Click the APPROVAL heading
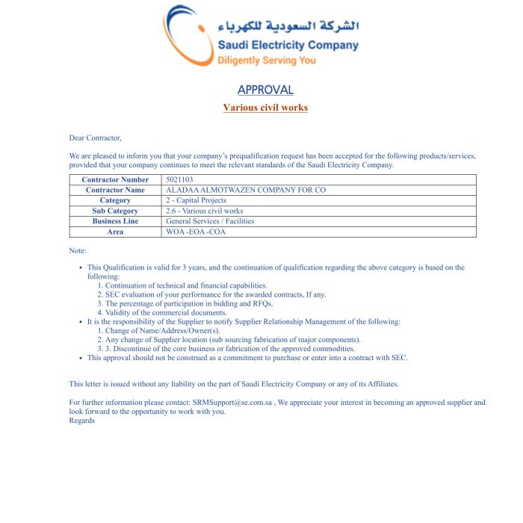click(x=265, y=90)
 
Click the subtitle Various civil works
click(x=265, y=108)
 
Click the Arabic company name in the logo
click(x=288, y=26)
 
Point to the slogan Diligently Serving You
click(x=267, y=61)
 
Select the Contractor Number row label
click(x=115, y=179)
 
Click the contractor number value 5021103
click(x=179, y=179)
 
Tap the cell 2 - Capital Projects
click(x=196, y=200)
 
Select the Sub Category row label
click(x=115, y=211)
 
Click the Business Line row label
click(x=115, y=221)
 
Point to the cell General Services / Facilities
click(x=210, y=221)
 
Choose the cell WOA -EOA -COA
click(x=196, y=232)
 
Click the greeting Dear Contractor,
click(x=95, y=137)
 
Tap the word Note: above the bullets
click(x=78, y=250)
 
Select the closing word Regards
click(x=82, y=421)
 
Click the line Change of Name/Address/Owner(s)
click(x=163, y=331)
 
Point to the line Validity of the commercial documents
click(x=166, y=312)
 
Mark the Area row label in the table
click(x=115, y=232)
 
